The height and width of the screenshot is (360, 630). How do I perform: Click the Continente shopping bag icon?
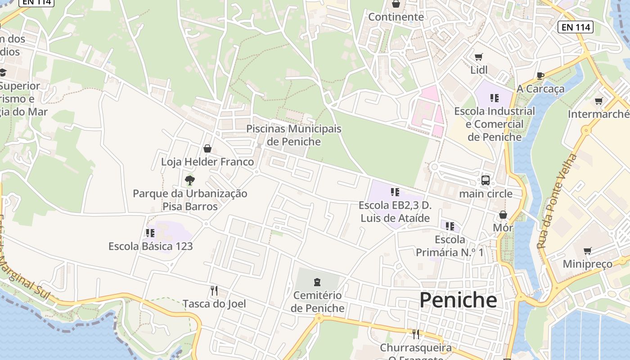pos(396,4)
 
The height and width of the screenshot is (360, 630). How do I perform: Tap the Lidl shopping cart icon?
pos(479,57)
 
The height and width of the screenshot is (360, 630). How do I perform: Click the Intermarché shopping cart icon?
pos(598,101)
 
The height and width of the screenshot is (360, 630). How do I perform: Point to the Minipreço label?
pos(587,264)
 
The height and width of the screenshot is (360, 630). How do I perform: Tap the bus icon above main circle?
pos(486,180)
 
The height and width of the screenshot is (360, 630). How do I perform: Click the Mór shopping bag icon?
pos(503,215)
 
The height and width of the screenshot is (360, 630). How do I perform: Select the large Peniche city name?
pos(458,300)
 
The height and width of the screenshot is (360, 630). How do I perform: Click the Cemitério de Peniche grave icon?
pos(317,282)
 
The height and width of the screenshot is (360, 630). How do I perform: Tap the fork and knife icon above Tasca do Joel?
pos(214,291)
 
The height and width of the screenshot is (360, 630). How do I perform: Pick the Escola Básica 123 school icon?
pos(150,233)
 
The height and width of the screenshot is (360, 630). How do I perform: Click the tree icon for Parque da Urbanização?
pos(190,180)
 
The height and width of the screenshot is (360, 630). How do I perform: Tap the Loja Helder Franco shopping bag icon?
pos(207,148)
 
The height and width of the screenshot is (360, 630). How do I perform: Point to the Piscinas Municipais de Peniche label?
pos(293,135)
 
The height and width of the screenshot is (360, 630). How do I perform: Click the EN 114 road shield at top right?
pos(576,27)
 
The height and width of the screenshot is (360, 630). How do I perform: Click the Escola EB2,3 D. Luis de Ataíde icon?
pos(395,193)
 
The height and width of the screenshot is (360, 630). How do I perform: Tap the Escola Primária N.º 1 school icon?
pos(450,226)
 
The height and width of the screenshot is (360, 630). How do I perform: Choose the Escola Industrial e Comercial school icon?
pos(495,98)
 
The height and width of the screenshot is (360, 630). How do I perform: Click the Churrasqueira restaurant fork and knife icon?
pos(416,334)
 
